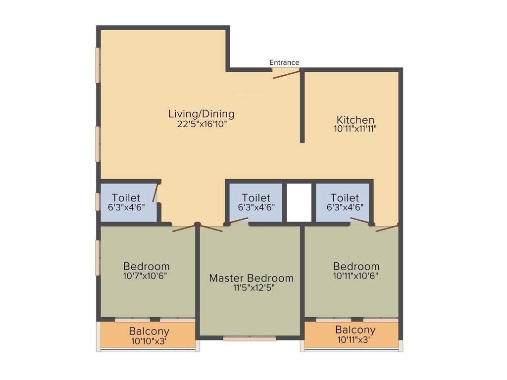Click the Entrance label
tap(284, 62)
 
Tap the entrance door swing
tap(287, 74)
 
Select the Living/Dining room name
tap(201, 114)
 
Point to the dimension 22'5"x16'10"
tap(201, 124)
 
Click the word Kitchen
tap(355, 120)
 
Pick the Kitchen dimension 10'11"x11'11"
tap(355, 129)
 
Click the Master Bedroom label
tap(251, 278)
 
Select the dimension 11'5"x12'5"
tap(251, 287)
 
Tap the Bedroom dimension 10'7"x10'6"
tap(146, 275)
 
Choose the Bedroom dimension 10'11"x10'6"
tap(356, 275)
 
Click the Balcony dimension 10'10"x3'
tap(149, 341)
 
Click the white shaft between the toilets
tap(299, 202)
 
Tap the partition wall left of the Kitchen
tap(302, 107)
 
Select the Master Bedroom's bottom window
tap(250, 339)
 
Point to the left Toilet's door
tap(156, 193)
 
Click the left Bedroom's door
tap(184, 228)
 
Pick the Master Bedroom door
tap(211, 228)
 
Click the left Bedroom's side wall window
tap(98, 257)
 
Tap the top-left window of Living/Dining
tap(98, 65)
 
